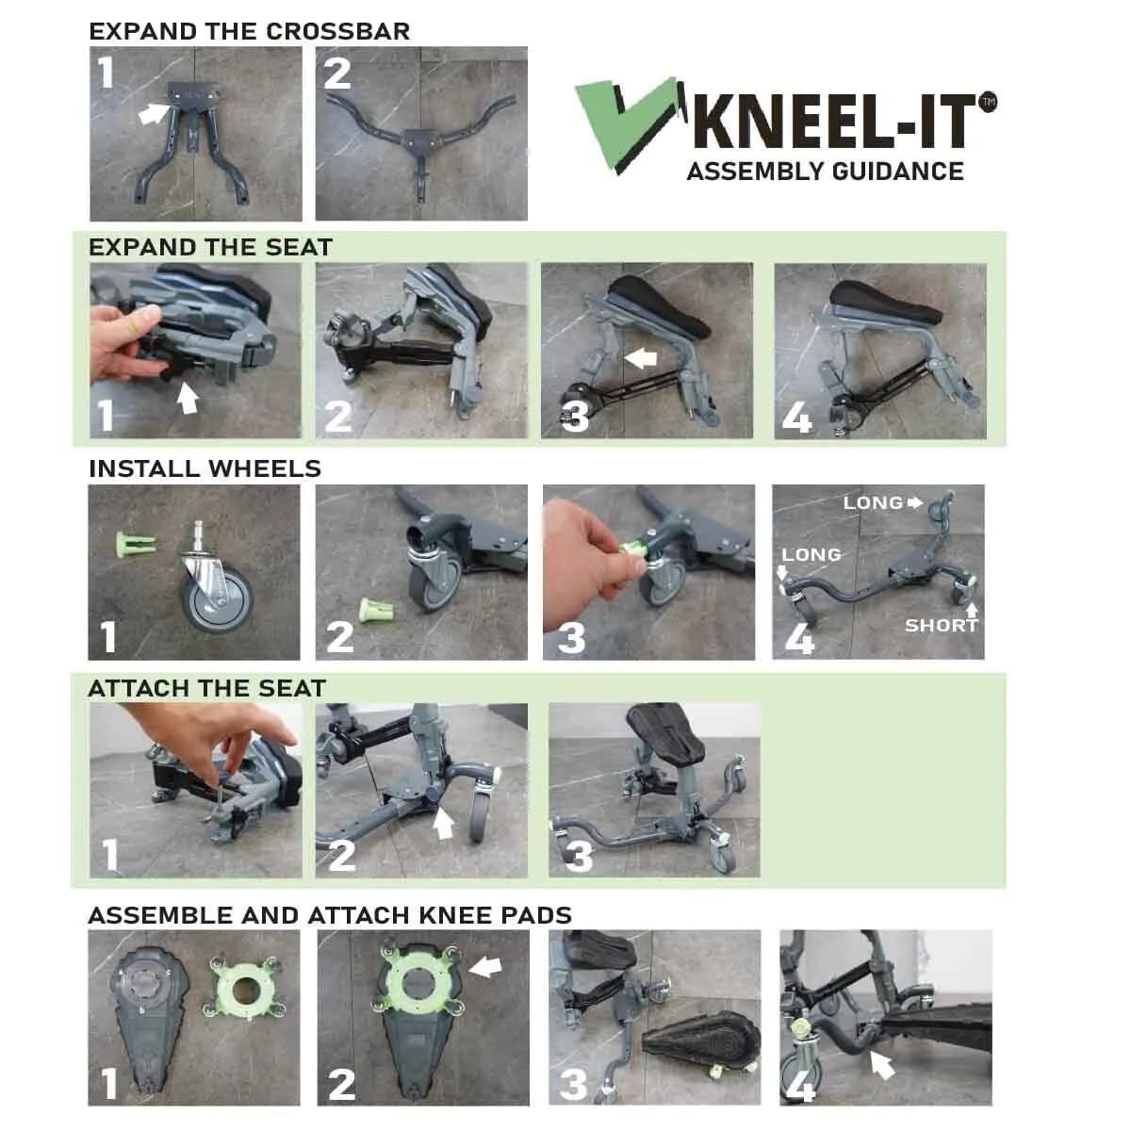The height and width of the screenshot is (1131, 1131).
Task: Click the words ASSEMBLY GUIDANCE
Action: click(x=825, y=172)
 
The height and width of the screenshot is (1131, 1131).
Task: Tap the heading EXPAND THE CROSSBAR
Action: click(x=249, y=31)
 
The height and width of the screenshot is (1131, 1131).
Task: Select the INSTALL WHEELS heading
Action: click(x=205, y=468)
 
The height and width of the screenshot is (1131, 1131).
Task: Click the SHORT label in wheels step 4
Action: click(x=941, y=625)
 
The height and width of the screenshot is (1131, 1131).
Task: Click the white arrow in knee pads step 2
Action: click(x=485, y=966)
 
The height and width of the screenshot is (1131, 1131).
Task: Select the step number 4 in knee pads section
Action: click(x=800, y=1084)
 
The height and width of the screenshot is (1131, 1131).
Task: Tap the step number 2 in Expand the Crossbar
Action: click(x=337, y=74)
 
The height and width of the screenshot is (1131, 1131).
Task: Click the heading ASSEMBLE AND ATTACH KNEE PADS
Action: click(x=330, y=915)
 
